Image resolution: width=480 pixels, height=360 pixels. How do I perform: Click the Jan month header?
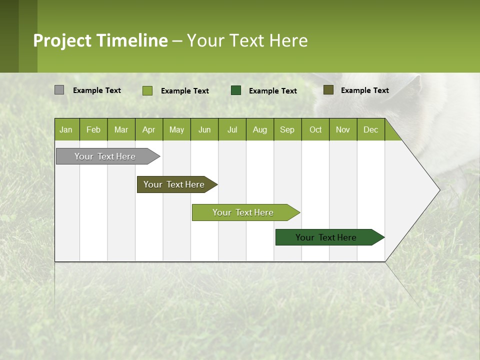[66, 129]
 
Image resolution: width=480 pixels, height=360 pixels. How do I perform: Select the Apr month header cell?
[148, 129]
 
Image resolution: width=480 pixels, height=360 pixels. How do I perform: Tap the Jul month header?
[232, 129]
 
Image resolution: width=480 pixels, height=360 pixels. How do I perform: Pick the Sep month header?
[287, 129]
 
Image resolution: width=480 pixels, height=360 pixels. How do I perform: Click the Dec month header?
[370, 129]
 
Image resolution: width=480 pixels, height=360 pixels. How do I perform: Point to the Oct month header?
[315, 129]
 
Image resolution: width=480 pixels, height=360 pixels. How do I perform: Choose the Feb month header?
[93, 129]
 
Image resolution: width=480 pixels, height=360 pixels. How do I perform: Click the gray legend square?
[59, 90]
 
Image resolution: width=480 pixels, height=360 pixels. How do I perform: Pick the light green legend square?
[147, 90]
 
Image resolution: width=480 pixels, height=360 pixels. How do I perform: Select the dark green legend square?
[236, 90]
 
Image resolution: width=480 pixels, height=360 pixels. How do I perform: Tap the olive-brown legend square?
[328, 90]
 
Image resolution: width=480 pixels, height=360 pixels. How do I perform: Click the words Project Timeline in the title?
[100, 40]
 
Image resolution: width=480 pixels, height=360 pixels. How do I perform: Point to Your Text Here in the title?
[247, 40]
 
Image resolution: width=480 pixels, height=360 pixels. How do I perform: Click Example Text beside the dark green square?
[272, 90]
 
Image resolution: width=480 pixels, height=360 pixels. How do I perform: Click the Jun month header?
[204, 129]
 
